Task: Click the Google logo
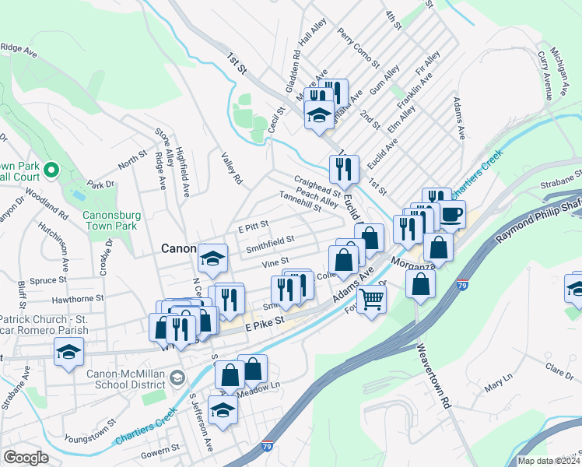26,458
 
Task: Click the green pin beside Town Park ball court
51,169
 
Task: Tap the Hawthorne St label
77,298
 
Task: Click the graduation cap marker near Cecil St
317,115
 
